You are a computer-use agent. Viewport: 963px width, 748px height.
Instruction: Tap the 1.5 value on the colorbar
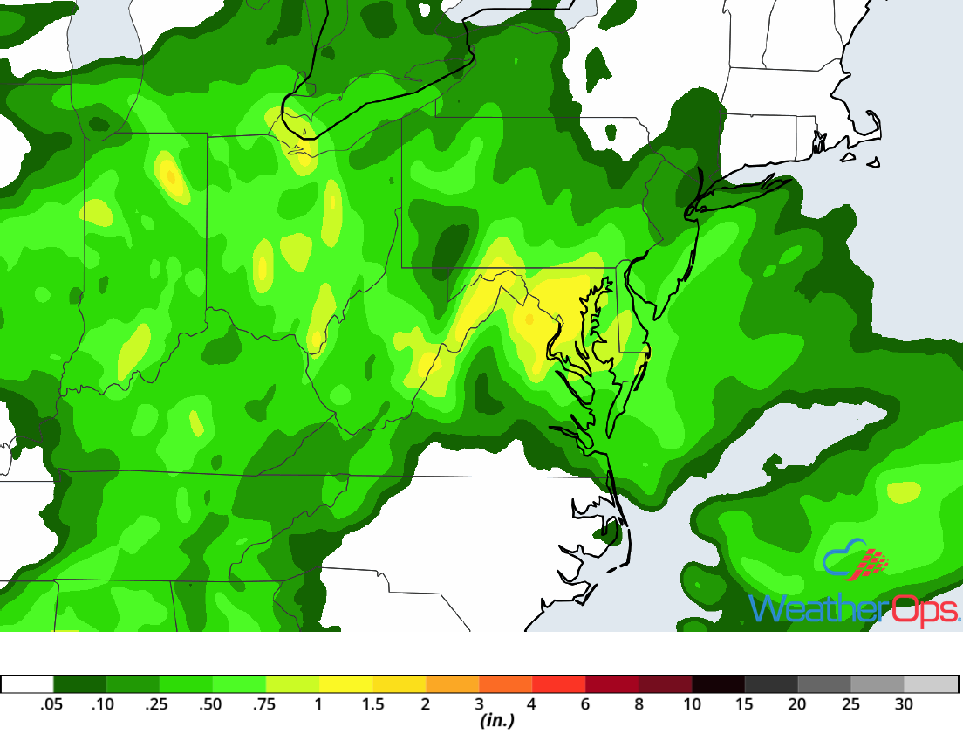tap(372, 705)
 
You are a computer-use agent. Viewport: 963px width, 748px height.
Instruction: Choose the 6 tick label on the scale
tap(585, 705)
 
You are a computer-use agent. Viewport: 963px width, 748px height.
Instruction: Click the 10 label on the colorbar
tap(692, 705)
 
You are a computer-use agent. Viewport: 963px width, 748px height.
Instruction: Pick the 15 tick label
tap(745, 705)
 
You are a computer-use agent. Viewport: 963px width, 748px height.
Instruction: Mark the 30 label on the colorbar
tap(904, 705)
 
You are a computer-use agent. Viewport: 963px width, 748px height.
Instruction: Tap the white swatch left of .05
tap(28, 684)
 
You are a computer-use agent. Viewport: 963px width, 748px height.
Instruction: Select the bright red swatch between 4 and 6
tap(559, 684)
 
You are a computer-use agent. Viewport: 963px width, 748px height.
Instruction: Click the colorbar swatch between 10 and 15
tap(718, 684)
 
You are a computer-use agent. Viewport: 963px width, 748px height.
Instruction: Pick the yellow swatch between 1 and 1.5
tap(346, 684)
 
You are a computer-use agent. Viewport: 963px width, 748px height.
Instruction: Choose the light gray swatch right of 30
tap(931, 684)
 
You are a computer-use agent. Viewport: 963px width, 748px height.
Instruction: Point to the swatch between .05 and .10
tap(80, 684)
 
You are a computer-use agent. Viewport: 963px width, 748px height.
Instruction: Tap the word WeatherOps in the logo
tap(855, 608)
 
